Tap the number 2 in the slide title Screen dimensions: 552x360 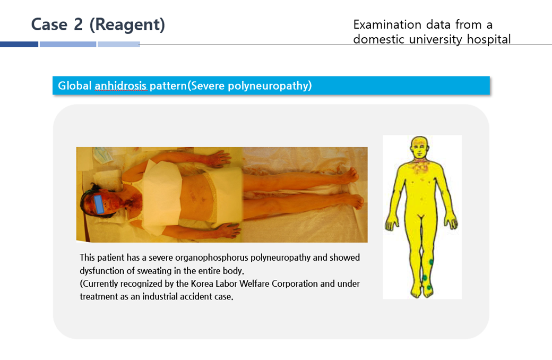(x=78, y=24)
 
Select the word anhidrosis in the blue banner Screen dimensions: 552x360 (x=120, y=85)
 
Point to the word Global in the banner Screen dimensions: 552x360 (x=75, y=85)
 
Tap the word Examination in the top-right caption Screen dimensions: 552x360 (x=387, y=24)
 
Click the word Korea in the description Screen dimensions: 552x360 (x=202, y=284)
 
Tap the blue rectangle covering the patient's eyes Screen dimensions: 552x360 (x=99, y=204)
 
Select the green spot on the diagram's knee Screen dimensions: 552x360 (x=431, y=262)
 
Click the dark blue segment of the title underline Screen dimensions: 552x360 (x=19, y=45)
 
